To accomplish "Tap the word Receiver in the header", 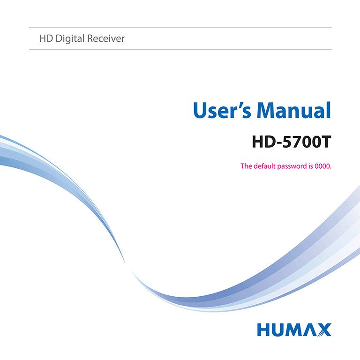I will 107,38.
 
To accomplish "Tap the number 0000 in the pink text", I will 322,166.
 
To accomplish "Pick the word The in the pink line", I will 246,166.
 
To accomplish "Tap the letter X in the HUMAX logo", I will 324,330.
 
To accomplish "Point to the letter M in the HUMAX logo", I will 294,330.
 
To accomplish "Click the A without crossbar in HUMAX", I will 310,330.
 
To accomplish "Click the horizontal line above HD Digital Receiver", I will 180,28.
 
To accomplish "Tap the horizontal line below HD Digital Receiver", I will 180,49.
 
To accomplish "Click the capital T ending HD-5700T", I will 325,142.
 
